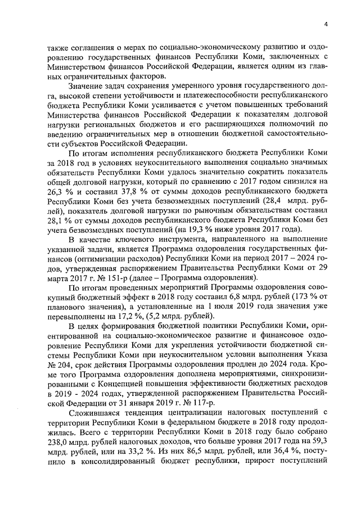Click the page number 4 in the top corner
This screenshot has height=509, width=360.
tap(325, 23)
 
